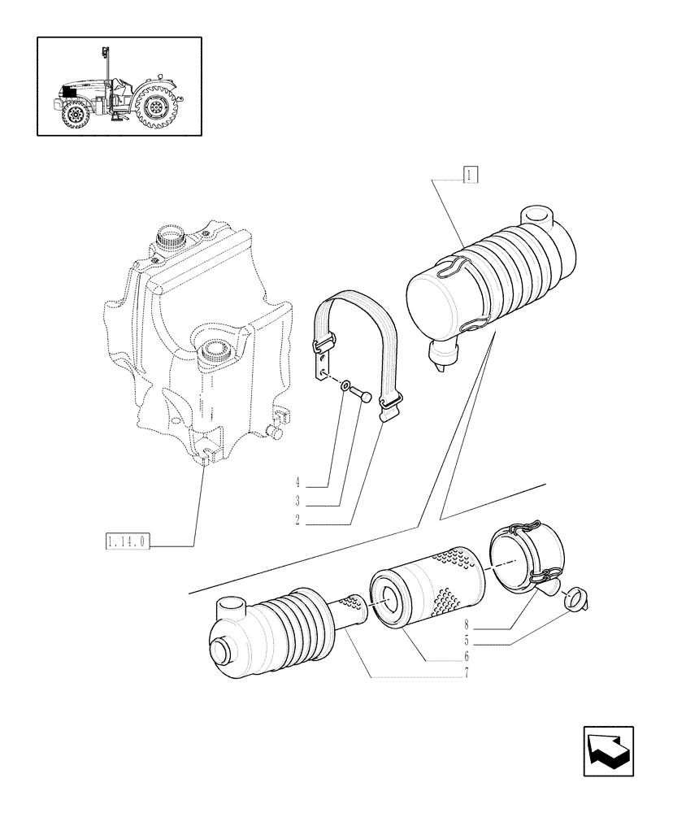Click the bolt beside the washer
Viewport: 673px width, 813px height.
364,396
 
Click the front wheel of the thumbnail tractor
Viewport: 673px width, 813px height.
75,114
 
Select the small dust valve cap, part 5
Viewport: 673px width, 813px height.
575,600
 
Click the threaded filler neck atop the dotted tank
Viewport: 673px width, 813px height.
172,240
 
